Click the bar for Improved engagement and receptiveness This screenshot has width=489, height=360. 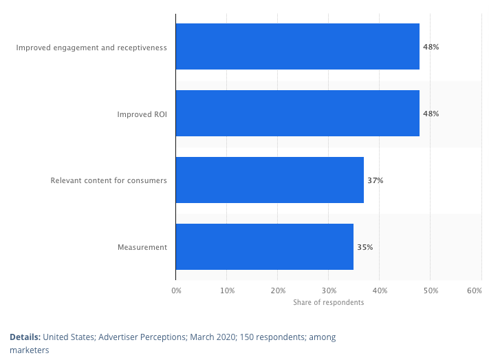point(297,47)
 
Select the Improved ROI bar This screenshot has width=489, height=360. point(297,113)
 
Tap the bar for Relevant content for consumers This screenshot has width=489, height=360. point(270,180)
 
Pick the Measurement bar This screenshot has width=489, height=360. point(264,246)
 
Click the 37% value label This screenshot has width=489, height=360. point(376,180)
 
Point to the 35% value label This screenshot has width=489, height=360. point(365,246)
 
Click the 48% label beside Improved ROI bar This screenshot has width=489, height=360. point(431,114)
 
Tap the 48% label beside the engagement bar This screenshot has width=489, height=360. point(431,47)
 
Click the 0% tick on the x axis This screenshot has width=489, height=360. point(176,291)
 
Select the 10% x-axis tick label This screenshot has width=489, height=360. point(227,291)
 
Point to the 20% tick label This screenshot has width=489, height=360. point(278,291)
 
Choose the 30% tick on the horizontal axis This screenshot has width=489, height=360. point(329,291)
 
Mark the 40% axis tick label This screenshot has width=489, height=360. point(380,291)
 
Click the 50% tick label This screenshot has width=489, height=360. point(431,291)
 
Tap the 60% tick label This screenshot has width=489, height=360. point(475,291)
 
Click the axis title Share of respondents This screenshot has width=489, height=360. point(328,303)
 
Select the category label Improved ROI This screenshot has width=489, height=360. point(142,114)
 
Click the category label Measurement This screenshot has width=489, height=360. point(143,246)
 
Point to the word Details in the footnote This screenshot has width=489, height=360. point(24,337)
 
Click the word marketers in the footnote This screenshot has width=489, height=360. point(29,350)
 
